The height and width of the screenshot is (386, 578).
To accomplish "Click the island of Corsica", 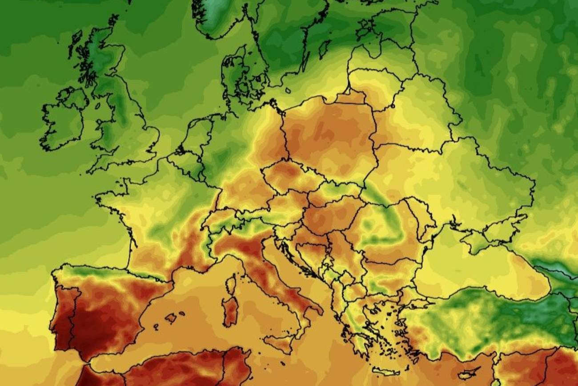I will [230, 284].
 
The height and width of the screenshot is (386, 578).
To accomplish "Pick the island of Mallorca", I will [171, 318].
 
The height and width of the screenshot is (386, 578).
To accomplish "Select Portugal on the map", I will [62, 312].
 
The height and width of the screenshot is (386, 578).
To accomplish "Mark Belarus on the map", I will [418, 111].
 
